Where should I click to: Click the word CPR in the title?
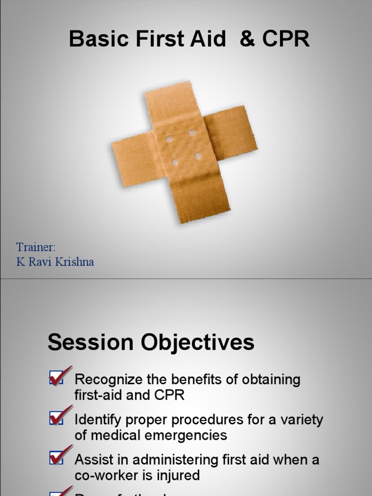coord(285,39)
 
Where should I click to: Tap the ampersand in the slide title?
coord(247,39)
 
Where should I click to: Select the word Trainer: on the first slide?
coord(36,247)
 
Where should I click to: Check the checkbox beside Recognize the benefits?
coord(56,378)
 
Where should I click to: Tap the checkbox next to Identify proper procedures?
coord(56,418)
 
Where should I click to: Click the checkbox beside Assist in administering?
coord(56,458)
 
